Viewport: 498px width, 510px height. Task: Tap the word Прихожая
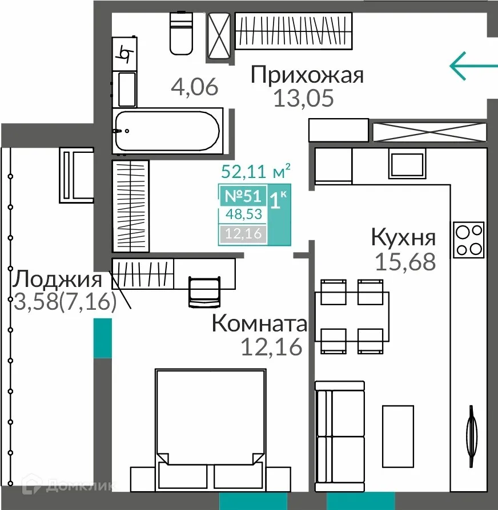click(307, 75)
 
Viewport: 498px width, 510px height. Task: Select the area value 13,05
click(303, 99)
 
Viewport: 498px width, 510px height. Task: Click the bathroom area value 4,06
click(195, 87)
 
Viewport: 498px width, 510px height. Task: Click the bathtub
click(166, 131)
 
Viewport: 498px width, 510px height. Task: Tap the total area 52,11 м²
click(256, 171)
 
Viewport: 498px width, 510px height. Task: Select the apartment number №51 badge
click(243, 196)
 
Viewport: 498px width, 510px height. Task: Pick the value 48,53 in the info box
click(243, 215)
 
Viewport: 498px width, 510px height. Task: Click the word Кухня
click(403, 237)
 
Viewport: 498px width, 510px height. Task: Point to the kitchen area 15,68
click(405, 261)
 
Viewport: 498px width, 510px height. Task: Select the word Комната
click(259, 323)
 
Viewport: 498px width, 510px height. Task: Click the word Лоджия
click(58, 280)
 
